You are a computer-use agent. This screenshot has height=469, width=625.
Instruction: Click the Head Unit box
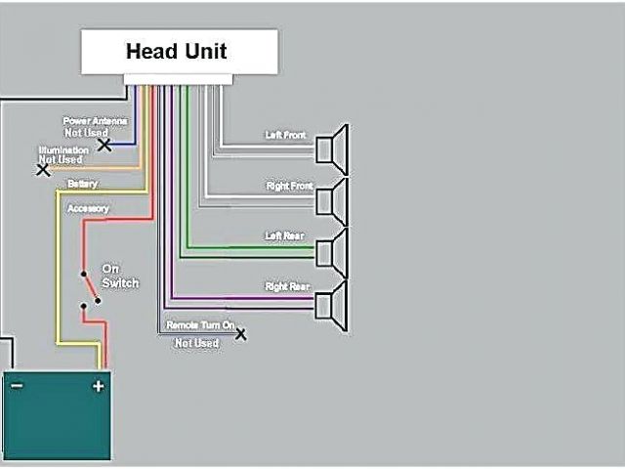179,52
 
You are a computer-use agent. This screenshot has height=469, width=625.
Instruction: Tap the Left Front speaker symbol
331,149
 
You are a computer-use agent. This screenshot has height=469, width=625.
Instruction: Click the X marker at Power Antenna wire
104,145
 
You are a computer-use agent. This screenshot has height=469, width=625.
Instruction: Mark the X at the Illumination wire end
43,170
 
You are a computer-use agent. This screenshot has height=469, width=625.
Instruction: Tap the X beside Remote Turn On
241,334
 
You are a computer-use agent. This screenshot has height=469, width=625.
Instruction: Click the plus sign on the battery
98,386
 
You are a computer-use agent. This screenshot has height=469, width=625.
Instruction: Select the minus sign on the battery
16,386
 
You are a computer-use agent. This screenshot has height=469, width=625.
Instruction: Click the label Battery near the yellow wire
82,184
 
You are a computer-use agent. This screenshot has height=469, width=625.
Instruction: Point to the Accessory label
88,208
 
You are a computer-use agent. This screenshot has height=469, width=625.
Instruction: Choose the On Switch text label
120,276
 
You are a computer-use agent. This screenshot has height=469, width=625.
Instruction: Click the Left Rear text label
286,235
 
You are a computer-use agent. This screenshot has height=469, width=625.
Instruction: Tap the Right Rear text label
287,286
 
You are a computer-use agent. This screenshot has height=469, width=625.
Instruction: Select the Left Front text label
285,135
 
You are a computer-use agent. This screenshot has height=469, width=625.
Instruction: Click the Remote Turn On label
200,324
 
